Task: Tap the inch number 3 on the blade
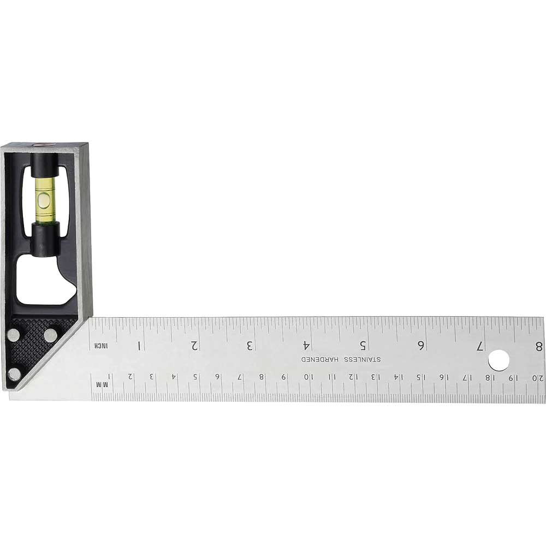[250, 345]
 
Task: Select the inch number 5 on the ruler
[364, 345]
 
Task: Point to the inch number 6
[421, 345]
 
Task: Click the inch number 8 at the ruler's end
[539, 346]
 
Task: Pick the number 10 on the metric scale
[308, 376]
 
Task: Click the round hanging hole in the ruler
[498, 360]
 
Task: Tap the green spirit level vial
[45, 199]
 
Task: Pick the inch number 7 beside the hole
[479, 345]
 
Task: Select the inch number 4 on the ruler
[307, 345]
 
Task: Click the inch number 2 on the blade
[194, 345]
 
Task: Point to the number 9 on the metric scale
[284, 376]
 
